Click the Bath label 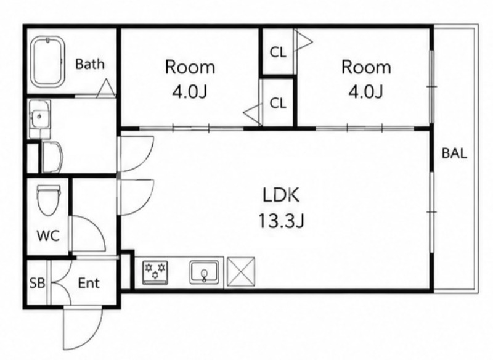[x=90, y=64]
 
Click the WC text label [x=48, y=235]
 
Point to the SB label [x=37, y=284]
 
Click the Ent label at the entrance [x=89, y=284]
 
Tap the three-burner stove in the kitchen [x=155, y=272]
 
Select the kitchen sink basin [x=205, y=272]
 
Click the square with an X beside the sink [x=241, y=272]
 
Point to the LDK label [x=281, y=195]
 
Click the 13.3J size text [x=281, y=221]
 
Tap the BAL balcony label [x=454, y=153]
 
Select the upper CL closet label [x=278, y=52]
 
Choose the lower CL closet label [x=278, y=103]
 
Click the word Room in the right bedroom [x=366, y=67]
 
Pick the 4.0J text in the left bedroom [x=190, y=92]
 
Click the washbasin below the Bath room [x=39, y=119]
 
